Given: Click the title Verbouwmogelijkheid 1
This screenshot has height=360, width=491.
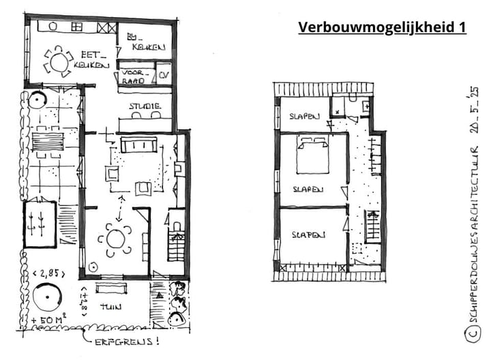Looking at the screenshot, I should coord(382,27).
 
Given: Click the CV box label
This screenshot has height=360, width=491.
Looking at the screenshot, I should coord(164,76).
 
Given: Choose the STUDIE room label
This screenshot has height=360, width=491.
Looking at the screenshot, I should coord(145,106).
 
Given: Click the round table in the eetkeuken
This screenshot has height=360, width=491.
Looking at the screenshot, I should coord(59,62).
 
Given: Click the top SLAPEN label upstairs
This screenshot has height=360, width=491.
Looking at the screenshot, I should coord(301,116).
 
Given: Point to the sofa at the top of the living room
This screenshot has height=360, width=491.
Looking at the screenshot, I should coord(138,145).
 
